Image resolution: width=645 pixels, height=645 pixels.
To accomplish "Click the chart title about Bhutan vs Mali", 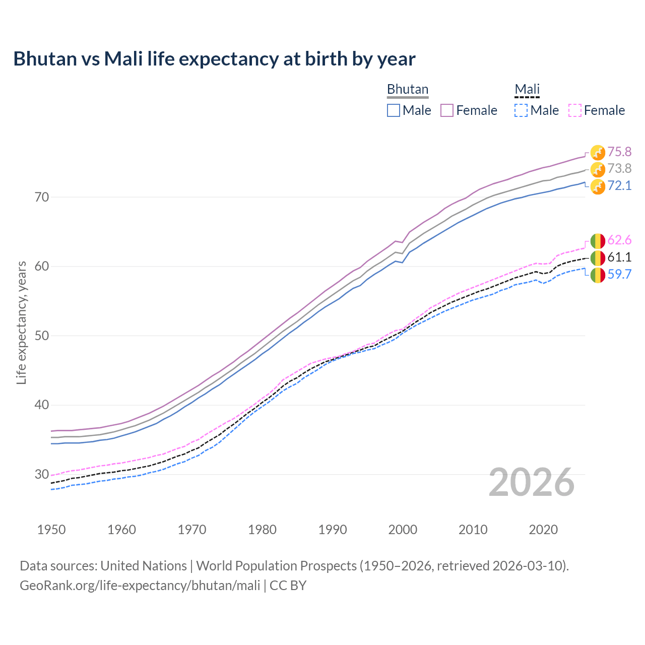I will [214, 59].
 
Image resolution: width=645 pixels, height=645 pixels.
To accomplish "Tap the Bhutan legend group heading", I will [407, 89].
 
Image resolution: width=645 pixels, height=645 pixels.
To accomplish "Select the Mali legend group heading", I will [527, 89].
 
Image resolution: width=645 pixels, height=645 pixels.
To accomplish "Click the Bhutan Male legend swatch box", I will [394, 110].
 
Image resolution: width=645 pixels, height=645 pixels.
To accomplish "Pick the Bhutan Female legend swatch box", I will [447, 110].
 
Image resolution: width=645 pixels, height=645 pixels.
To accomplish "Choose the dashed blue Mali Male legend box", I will [521, 110].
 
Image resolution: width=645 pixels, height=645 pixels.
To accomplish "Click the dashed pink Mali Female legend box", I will [575, 110].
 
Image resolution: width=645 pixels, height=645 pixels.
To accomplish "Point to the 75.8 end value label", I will [619, 152].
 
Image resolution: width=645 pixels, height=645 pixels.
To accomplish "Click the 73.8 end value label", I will [619, 168].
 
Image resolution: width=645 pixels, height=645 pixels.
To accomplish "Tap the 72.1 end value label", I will [619, 185].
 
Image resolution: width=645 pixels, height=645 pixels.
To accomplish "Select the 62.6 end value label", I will [619, 240].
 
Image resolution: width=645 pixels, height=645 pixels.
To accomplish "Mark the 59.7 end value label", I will [619, 274].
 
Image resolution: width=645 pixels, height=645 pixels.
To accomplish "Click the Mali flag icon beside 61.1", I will [598, 257].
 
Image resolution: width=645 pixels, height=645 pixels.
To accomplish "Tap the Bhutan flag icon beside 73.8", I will [598, 169].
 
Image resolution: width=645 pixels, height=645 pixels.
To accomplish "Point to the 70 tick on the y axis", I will [42, 197].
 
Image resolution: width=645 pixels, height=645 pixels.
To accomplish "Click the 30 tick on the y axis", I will [42, 474].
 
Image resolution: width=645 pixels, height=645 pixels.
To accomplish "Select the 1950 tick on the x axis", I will [51, 530].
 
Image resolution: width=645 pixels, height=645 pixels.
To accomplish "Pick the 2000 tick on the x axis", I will [403, 530].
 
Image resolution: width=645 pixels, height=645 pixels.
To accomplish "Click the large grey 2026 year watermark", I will [532, 482].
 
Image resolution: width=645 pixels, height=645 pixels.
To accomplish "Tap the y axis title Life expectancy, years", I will [21, 322].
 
